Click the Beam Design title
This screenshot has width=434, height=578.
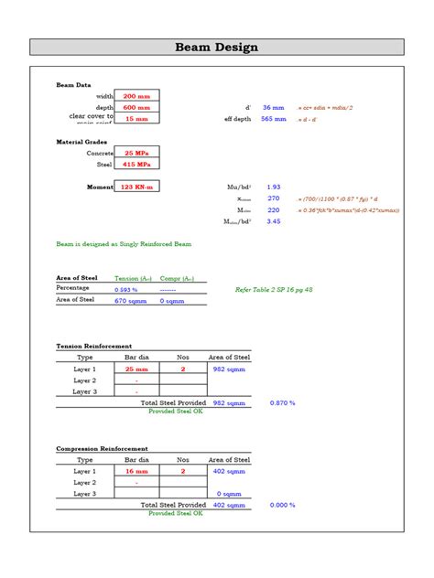click(217, 48)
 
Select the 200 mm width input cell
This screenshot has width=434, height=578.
click(136, 96)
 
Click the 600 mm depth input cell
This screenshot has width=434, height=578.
click(136, 107)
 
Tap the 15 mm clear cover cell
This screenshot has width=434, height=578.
click(136, 119)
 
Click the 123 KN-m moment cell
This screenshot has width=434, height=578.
click(136, 187)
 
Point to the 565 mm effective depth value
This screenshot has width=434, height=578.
click(273, 119)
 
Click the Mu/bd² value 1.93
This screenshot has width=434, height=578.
click(273, 187)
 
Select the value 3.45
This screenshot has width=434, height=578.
click(273, 221)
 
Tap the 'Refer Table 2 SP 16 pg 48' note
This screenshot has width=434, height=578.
click(274, 289)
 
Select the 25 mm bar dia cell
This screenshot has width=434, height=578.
click(136, 369)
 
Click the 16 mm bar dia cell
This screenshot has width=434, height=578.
click(136, 471)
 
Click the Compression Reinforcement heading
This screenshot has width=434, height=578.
click(103, 449)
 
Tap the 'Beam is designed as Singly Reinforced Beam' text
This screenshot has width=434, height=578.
click(124, 244)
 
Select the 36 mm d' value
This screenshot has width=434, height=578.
click(273, 107)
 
